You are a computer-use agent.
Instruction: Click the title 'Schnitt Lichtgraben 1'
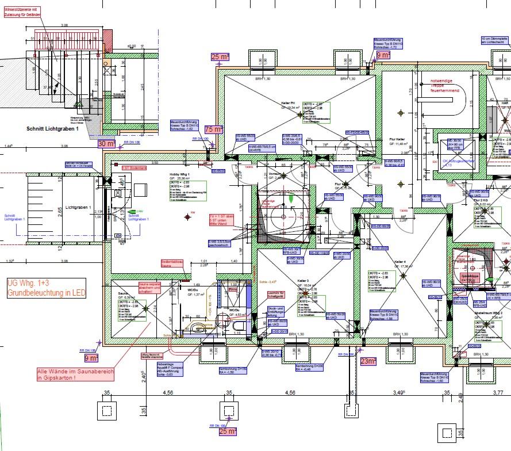tap(52, 129)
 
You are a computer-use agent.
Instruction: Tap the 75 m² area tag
tap(213, 129)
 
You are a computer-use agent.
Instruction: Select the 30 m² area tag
tap(107, 143)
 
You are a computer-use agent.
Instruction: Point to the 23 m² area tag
tap(368, 361)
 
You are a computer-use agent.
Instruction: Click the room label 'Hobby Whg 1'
tap(179, 174)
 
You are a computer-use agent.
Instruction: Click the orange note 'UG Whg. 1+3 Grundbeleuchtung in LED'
tap(47, 288)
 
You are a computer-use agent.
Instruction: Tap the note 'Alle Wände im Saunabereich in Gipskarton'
tap(76, 374)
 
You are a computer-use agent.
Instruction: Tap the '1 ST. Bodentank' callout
tap(135, 167)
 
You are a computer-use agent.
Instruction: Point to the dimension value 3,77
tap(498, 392)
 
